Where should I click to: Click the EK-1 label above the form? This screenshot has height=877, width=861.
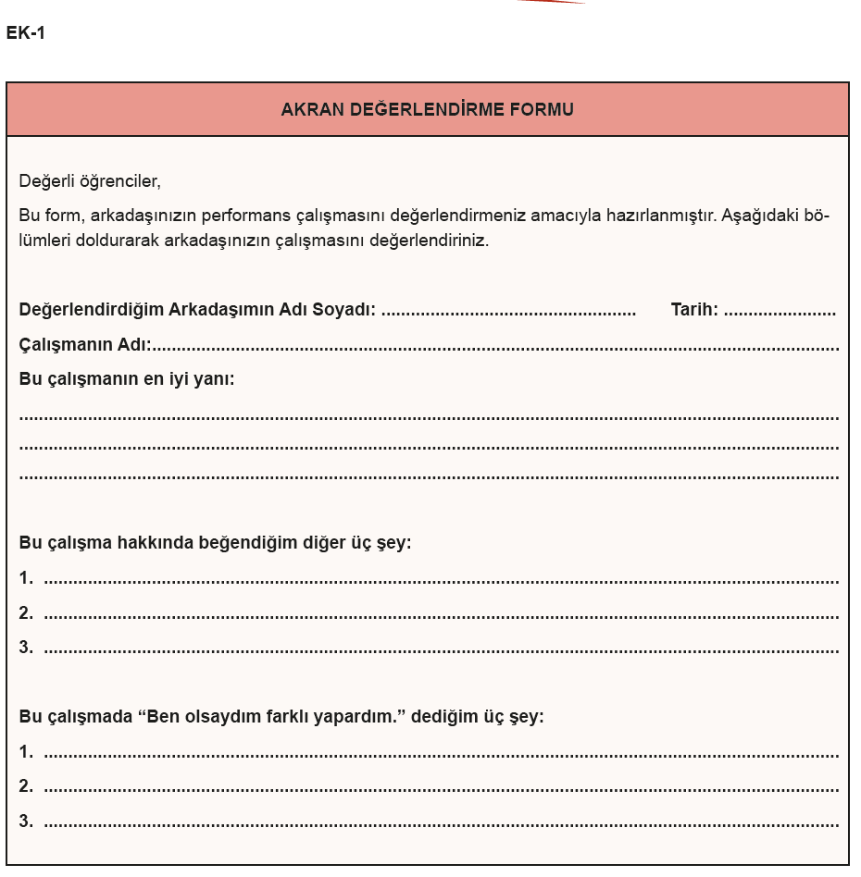pyautogui.click(x=25, y=33)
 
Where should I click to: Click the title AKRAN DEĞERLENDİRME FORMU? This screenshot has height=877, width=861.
pyautogui.click(x=427, y=110)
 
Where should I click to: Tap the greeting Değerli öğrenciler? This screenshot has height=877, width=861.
pyautogui.click(x=90, y=181)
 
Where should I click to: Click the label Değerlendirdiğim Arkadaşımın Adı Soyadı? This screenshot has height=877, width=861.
pyautogui.click(x=197, y=310)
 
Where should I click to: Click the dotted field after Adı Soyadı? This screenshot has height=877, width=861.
pyautogui.click(x=508, y=312)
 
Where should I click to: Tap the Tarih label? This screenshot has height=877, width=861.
pyautogui.click(x=694, y=310)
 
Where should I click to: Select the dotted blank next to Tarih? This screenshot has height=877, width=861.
pyautogui.click(x=780, y=312)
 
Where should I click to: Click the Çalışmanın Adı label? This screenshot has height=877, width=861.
pyautogui.click(x=85, y=344)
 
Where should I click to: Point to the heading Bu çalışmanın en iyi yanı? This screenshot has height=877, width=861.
pyautogui.click(x=127, y=378)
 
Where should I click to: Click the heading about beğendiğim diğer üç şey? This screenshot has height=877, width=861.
pyautogui.click(x=215, y=542)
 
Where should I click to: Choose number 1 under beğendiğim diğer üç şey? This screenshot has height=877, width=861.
pyautogui.click(x=26, y=578)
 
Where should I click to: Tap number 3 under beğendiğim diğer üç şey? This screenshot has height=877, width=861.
pyautogui.click(x=26, y=648)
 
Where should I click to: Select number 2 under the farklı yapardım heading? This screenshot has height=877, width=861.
pyautogui.click(x=26, y=786)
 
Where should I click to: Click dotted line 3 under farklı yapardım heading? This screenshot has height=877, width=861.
pyautogui.click(x=441, y=822)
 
